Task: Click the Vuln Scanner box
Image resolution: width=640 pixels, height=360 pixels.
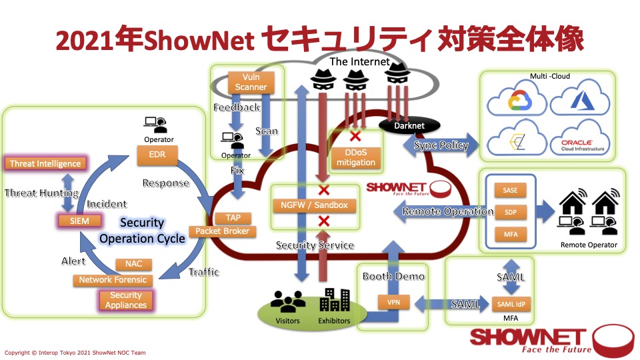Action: pyautogui.click(x=251, y=82)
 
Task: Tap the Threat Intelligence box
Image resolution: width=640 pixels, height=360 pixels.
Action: pyautogui.click(x=45, y=163)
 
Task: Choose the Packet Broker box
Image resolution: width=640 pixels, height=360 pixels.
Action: pyautogui.click(x=222, y=231)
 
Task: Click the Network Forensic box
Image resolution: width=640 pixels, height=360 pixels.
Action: pyautogui.click(x=113, y=280)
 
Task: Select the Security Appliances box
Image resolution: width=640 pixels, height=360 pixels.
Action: pyautogui.click(x=126, y=300)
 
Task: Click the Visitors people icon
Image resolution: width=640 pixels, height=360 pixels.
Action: pyautogui.click(x=288, y=303)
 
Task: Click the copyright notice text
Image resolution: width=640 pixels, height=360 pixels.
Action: pyautogui.click(x=75, y=353)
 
